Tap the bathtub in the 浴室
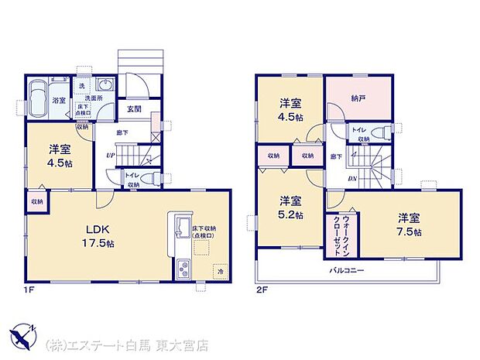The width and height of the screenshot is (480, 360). click(x=38, y=100)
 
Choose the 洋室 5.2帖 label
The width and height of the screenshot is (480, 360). click(x=291, y=207)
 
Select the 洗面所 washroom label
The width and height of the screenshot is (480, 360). click(x=94, y=98)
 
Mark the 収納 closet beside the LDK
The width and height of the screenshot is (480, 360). click(x=37, y=202)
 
